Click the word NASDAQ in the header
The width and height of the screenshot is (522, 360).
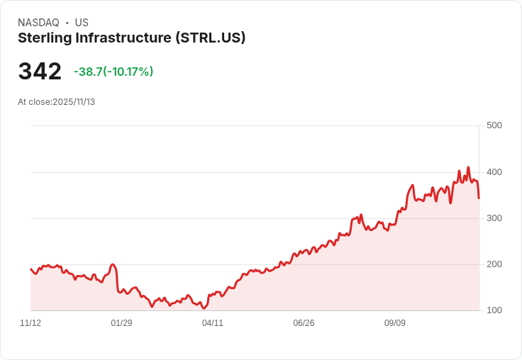(x=38, y=23)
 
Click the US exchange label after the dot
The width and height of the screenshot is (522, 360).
(x=82, y=23)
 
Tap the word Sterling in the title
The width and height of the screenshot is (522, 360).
(x=47, y=38)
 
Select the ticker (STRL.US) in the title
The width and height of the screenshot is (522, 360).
(x=210, y=38)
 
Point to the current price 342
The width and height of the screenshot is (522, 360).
(x=40, y=72)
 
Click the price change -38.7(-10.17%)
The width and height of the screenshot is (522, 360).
(x=113, y=72)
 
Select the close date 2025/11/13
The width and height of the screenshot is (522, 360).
(x=74, y=102)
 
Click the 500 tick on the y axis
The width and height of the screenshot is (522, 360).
(x=494, y=125)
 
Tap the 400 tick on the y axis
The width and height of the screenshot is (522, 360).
(x=494, y=172)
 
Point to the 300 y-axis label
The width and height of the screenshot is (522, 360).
(x=494, y=218)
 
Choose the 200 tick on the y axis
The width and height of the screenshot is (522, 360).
(x=494, y=264)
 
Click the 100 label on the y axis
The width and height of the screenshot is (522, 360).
(x=494, y=310)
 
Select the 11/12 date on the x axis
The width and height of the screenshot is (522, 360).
(x=30, y=323)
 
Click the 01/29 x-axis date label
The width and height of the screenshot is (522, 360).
(x=121, y=323)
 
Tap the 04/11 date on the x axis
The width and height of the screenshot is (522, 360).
(x=213, y=323)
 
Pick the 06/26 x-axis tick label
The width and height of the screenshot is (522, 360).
(x=304, y=323)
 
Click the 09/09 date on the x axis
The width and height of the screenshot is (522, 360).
(x=395, y=323)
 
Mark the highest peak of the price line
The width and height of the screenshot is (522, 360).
(x=468, y=167)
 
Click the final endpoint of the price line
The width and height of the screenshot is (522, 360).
(x=479, y=198)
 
